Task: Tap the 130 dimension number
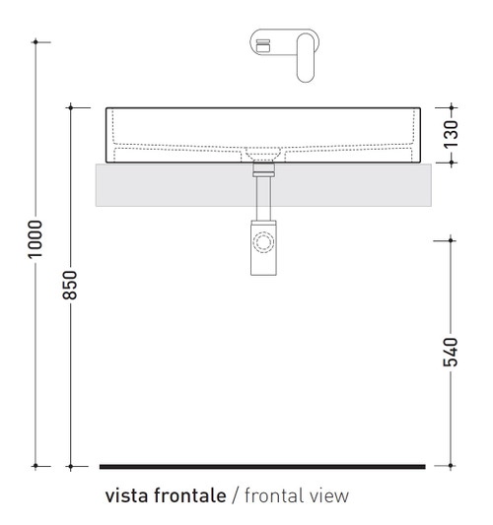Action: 451,132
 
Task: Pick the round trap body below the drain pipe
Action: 263,242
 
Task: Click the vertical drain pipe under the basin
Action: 263,198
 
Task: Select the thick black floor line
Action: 262,466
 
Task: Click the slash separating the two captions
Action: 236,495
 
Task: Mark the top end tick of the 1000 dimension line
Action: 35,41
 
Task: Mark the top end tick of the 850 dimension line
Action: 71,106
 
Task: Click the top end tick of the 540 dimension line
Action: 451,238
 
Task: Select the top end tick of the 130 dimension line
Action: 451,106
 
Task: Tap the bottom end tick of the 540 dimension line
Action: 451,466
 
